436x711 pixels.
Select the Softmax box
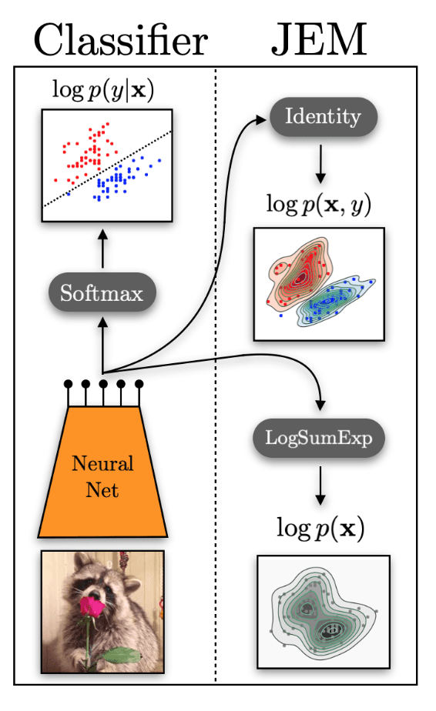pyautogui.click(x=102, y=292)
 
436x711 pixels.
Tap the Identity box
pyautogui.click(x=323, y=118)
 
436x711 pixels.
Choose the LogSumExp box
pyautogui.click(x=319, y=439)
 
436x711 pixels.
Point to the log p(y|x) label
pyautogui.click(x=102, y=91)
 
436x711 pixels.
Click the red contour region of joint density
pyautogui.click(x=297, y=273)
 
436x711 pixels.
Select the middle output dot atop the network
pyautogui.click(x=102, y=382)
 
